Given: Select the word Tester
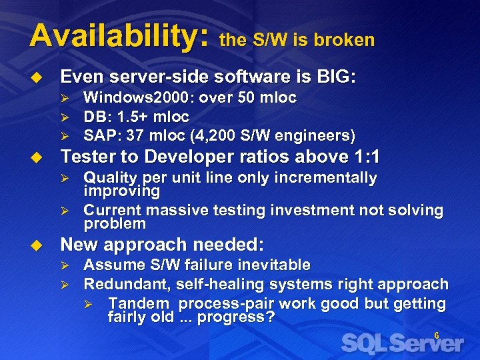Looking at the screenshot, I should point(88,157).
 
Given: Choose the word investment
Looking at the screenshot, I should point(309,211).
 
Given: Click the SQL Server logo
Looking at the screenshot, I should point(402,344).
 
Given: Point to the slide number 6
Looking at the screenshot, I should point(437,335).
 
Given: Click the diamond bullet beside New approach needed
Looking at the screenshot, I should point(38,244).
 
